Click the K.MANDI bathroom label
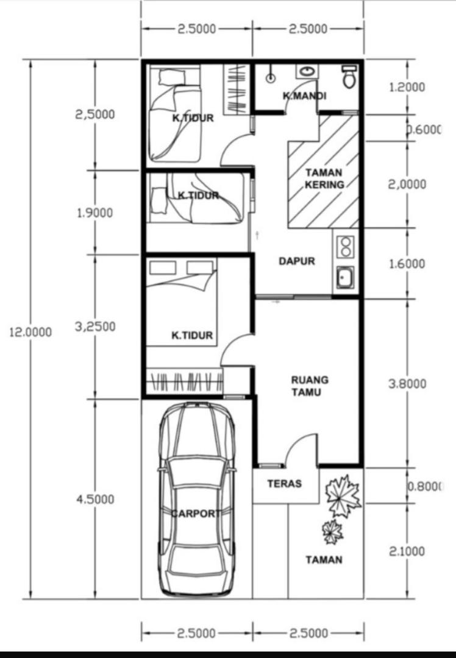point(304,96)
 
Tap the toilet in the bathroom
point(349,76)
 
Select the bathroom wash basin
point(307,71)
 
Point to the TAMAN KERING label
point(324,179)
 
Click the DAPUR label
point(297,261)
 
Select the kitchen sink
point(345,277)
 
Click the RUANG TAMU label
point(310,386)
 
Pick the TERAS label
point(285,483)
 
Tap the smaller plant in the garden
point(333,532)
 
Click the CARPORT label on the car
point(196,513)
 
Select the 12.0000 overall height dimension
point(30,333)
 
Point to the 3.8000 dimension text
point(407,384)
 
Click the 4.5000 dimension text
point(95,500)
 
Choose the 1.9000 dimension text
point(95,213)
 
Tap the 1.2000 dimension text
point(407,87)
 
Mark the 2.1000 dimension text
point(407,551)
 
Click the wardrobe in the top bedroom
point(237,89)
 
